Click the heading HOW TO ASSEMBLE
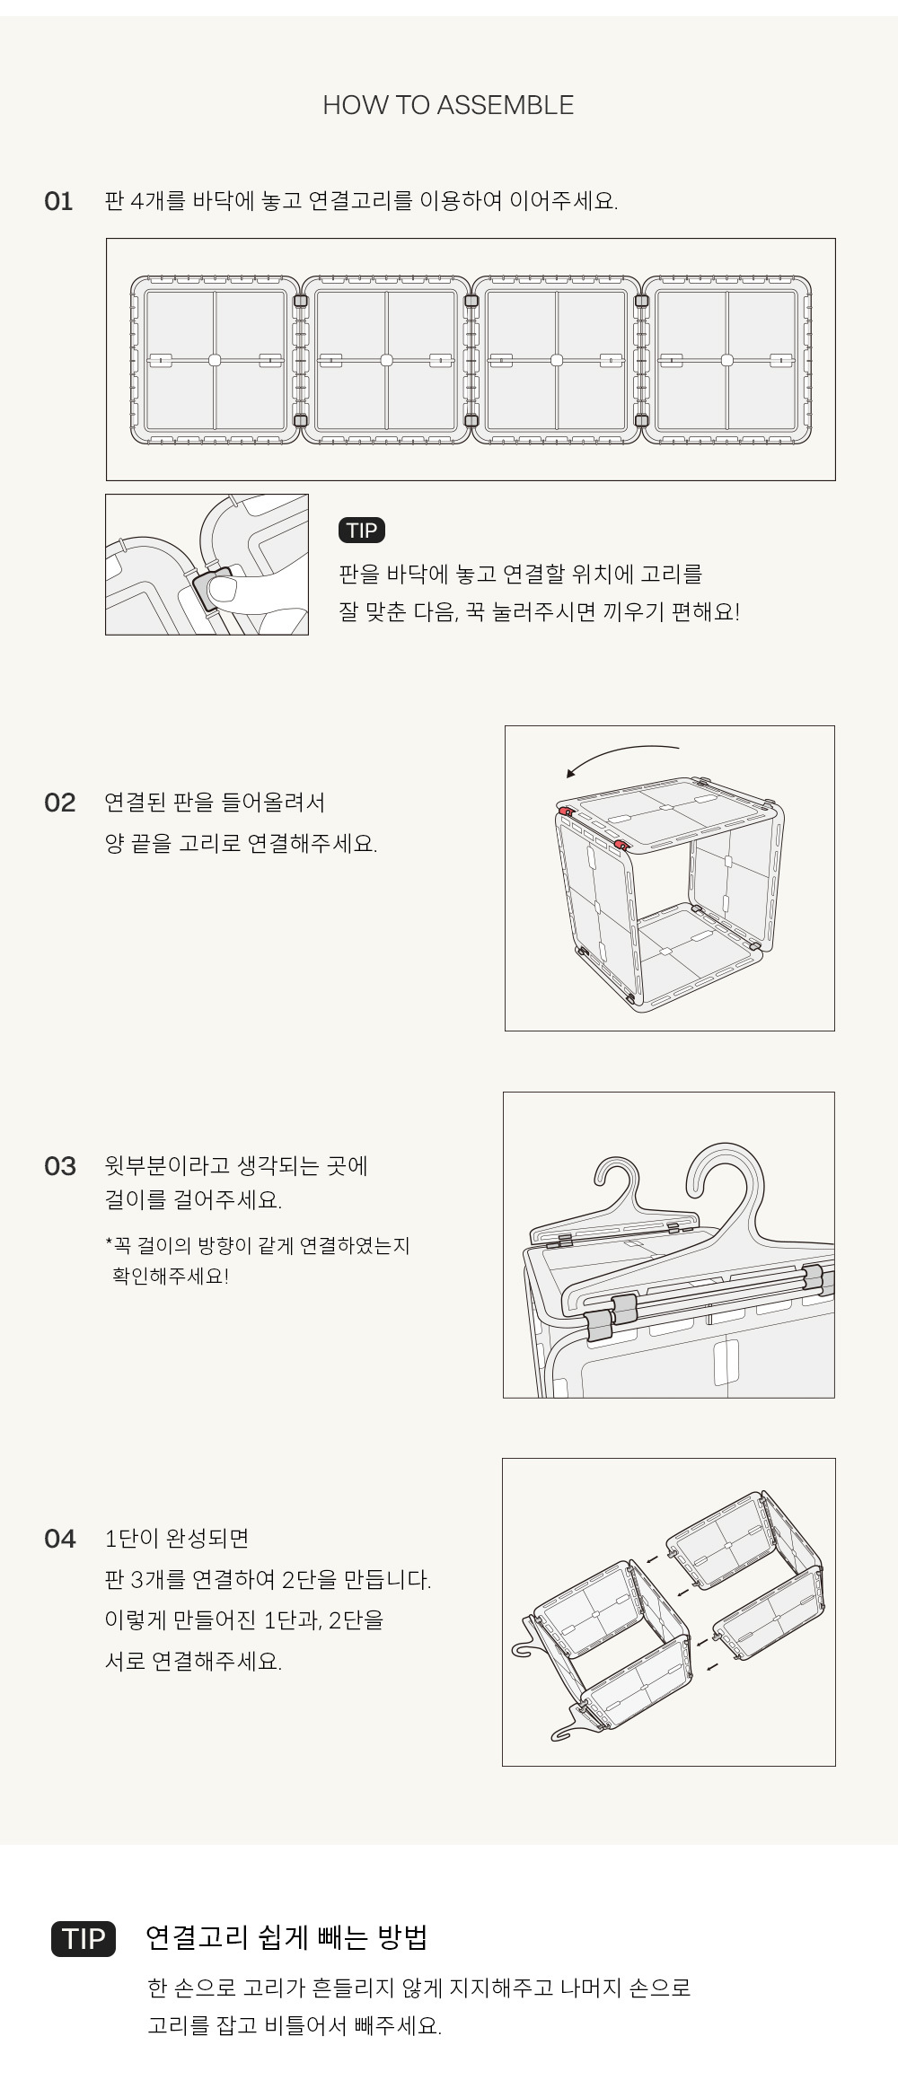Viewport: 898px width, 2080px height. coord(448,105)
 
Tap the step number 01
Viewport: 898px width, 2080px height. coord(58,201)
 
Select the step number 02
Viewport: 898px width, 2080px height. coord(59,803)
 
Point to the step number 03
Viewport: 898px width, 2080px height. coord(59,1166)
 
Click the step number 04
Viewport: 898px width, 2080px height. coord(59,1539)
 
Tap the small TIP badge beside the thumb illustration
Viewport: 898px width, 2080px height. coord(362,531)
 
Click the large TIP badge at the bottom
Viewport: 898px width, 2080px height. coord(84,1939)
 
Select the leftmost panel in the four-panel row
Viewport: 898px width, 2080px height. coord(215,360)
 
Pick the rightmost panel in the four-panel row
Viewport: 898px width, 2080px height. coord(727,360)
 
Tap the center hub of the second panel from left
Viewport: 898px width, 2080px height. coord(386,360)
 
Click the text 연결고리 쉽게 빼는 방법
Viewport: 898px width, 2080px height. coord(286,1938)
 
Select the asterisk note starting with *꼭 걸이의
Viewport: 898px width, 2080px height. coord(257,1260)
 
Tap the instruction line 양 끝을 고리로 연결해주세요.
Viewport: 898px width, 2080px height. coord(241,844)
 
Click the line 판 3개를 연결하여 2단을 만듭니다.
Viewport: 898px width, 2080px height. coord(268,1580)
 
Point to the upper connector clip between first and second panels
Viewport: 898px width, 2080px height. coord(301,301)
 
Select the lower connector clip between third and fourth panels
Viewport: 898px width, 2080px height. coord(641,420)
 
